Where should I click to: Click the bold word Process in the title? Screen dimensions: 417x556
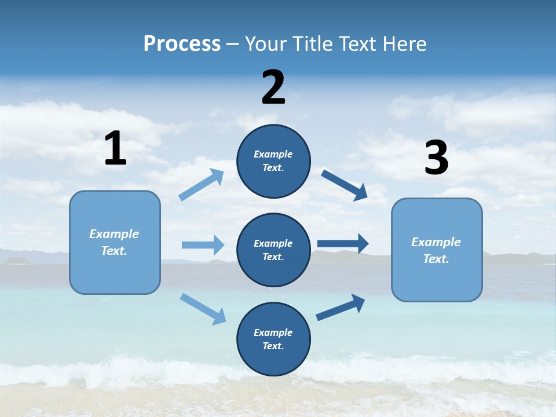(x=182, y=43)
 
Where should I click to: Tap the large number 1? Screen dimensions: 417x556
(x=115, y=148)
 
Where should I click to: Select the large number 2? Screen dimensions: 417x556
(x=273, y=87)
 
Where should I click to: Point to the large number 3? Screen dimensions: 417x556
(x=436, y=158)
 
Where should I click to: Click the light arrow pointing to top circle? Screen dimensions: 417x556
(x=202, y=185)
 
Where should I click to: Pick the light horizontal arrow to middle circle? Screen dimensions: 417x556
(x=203, y=245)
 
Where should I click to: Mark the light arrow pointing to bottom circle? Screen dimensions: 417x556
(x=203, y=309)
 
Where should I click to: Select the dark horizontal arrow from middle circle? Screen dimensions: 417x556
(x=343, y=244)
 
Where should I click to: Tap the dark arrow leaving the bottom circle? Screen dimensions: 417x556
(x=341, y=308)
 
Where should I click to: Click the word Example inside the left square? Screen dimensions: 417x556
(x=114, y=234)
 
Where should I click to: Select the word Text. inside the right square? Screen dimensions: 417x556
(x=436, y=259)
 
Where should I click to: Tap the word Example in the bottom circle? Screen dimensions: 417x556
(x=273, y=332)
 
